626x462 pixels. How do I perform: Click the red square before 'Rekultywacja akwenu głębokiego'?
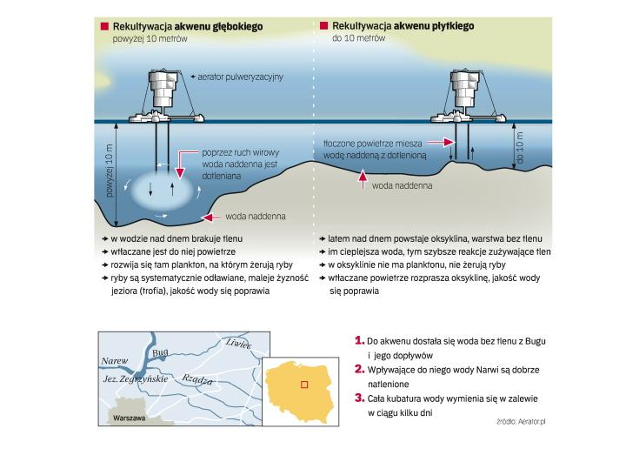pyautogui.click(x=105, y=27)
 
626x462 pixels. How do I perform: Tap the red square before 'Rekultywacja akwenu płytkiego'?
pyautogui.click(x=323, y=27)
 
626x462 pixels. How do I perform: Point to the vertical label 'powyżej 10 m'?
pyautogui.click(x=110, y=171)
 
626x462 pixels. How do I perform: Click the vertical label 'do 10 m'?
pyautogui.click(x=519, y=151)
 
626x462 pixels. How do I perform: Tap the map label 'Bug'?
pyautogui.click(x=158, y=354)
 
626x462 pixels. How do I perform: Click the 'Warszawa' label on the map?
pyautogui.click(x=130, y=418)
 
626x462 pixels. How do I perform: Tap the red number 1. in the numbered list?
pyautogui.click(x=359, y=341)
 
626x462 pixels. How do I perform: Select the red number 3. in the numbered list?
pyautogui.click(x=359, y=398)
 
